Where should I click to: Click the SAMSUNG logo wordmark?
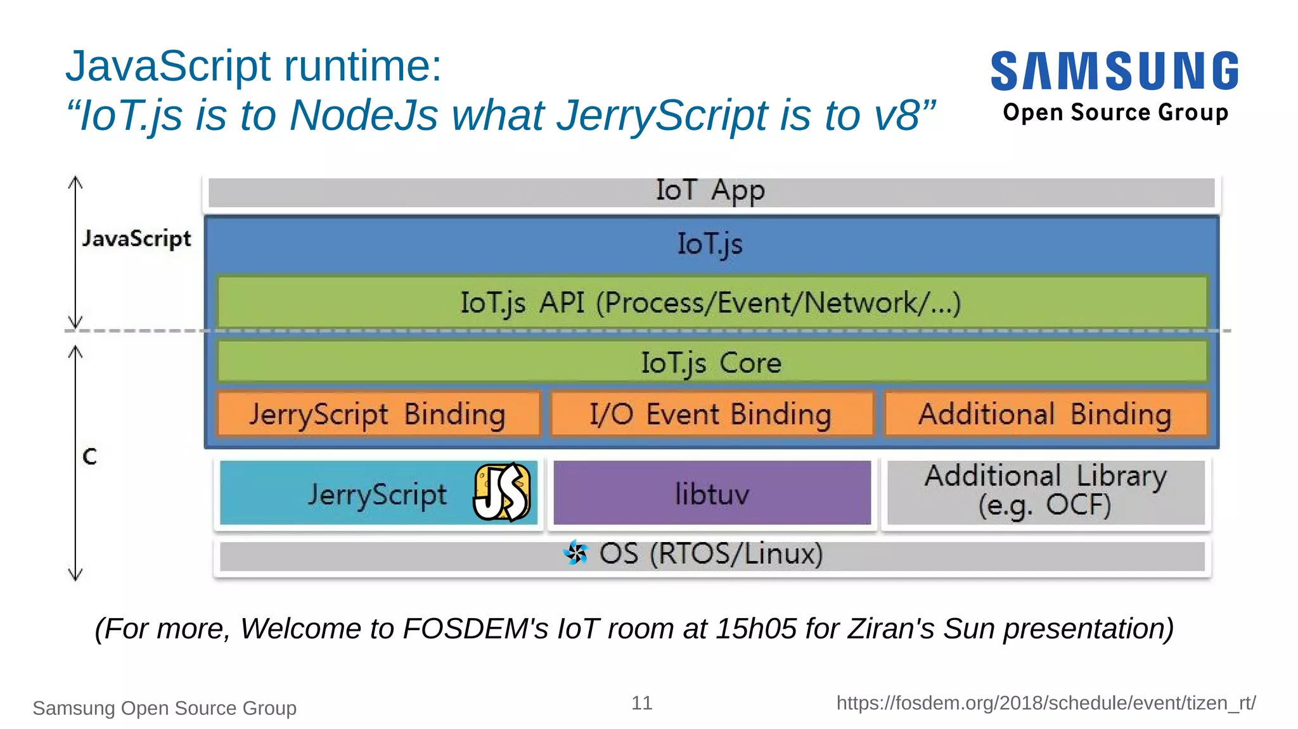(1114, 71)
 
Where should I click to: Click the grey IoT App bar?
(710, 191)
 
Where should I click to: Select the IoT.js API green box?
(710, 302)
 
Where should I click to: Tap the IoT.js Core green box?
(710, 363)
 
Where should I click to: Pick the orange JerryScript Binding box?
(378, 415)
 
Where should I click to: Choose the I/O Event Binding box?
(710, 415)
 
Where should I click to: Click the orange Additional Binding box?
(1045, 415)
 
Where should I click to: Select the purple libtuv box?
(712, 494)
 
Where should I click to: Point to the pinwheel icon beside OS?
(575, 553)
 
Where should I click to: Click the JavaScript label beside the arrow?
(136, 239)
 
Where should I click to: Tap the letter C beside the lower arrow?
(89, 456)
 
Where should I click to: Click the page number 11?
(641, 703)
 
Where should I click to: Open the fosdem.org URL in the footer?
(1046, 703)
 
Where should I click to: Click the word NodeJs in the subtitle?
(363, 115)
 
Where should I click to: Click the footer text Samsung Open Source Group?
(164, 708)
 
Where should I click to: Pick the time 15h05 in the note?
(755, 629)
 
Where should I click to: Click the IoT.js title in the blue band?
(709, 244)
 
